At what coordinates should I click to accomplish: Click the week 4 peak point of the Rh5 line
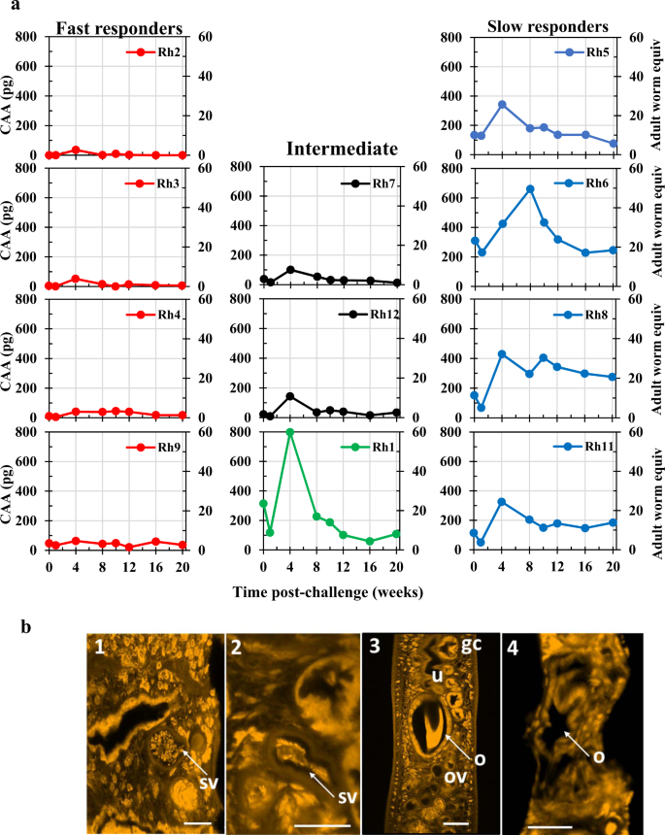502,104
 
